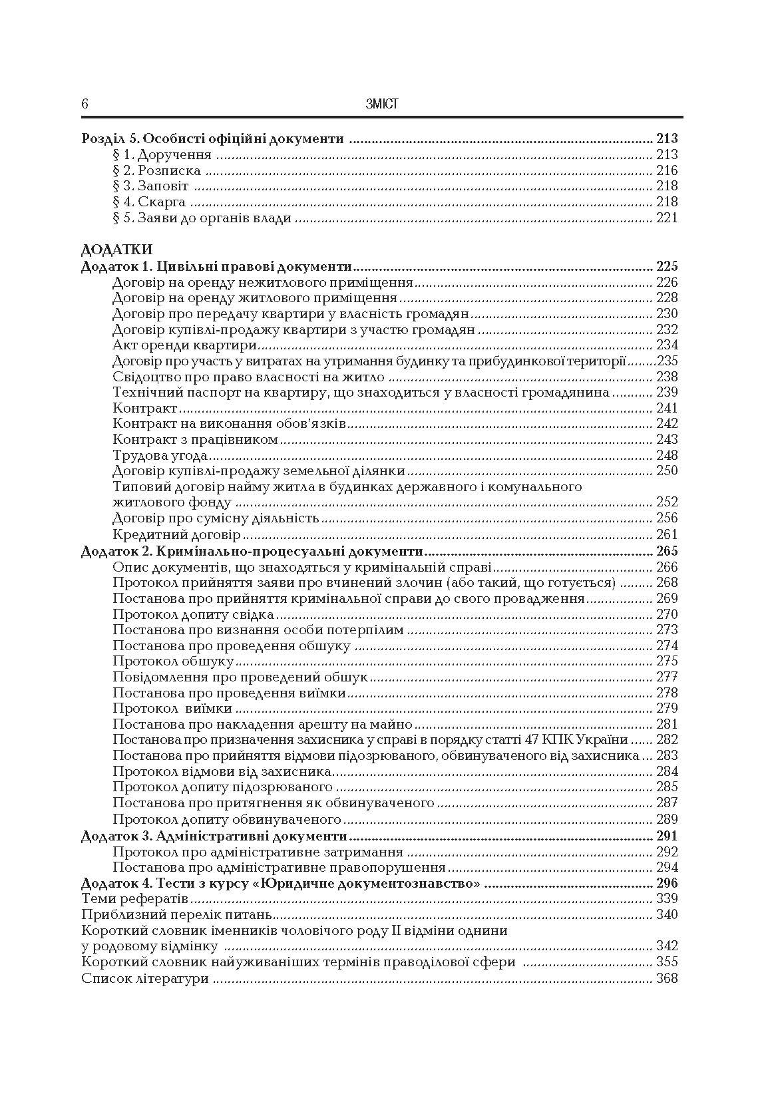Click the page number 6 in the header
(x=85, y=104)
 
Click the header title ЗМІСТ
(x=381, y=104)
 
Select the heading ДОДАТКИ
(x=116, y=250)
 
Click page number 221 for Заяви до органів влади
(x=667, y=218)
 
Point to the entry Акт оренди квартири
(x=185, y=345)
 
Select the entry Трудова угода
(x=160, y=456)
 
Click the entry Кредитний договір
(x=176, y=534)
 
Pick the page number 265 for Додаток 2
(x=666, y=551)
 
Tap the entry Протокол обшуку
(x=173, y=661)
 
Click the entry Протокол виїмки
(x=172, y=709)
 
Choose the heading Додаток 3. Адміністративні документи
(x=214, y=836)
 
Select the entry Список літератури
(x=145, y=978)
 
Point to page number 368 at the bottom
(x=666, y=978)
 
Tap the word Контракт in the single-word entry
(x=145, y=408)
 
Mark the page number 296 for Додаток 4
(x=666, y=883)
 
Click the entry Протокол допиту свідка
(x=193, y=614)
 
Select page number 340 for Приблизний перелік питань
(x=666, y=914)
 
